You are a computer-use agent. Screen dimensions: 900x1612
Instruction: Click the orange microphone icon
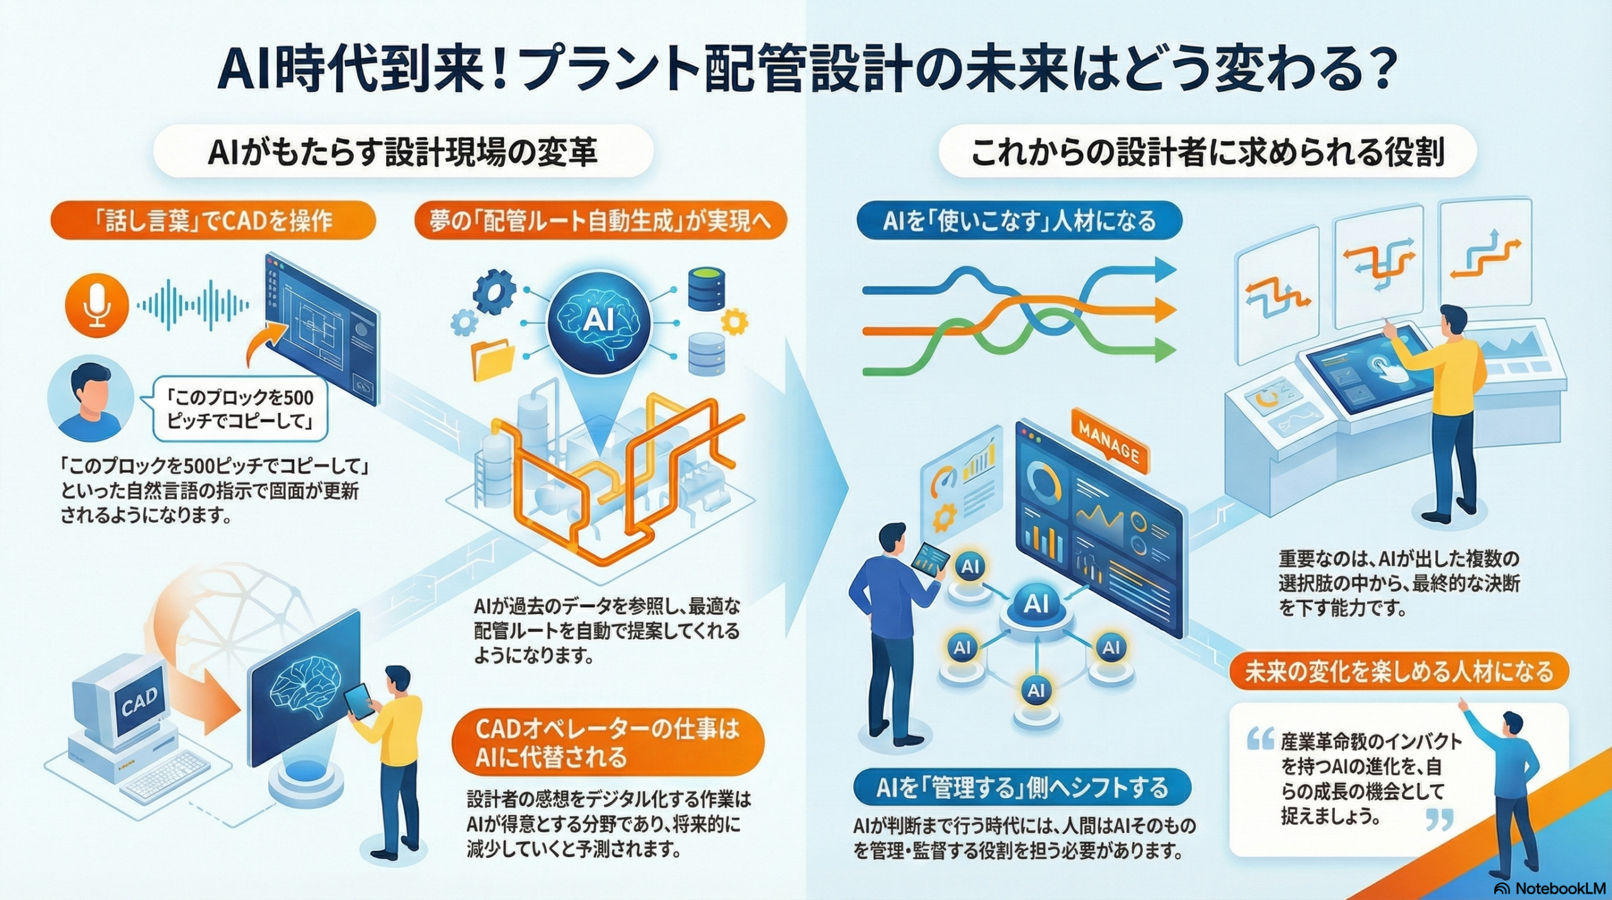97,305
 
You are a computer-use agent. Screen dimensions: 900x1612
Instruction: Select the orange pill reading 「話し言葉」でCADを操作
213,220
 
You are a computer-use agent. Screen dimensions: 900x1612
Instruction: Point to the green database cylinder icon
707,288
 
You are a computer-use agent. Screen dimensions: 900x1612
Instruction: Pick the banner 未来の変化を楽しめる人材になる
1399,672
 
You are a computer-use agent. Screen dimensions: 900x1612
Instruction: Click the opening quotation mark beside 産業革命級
1260,739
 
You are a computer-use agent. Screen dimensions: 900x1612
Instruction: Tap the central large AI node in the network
1036,605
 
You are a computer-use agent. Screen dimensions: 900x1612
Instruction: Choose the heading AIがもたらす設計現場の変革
403,153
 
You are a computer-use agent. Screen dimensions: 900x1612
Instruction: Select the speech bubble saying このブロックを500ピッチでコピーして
241,409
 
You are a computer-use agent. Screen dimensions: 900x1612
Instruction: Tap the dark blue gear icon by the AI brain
494,290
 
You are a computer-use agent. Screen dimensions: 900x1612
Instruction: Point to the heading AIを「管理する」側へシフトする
1022,788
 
